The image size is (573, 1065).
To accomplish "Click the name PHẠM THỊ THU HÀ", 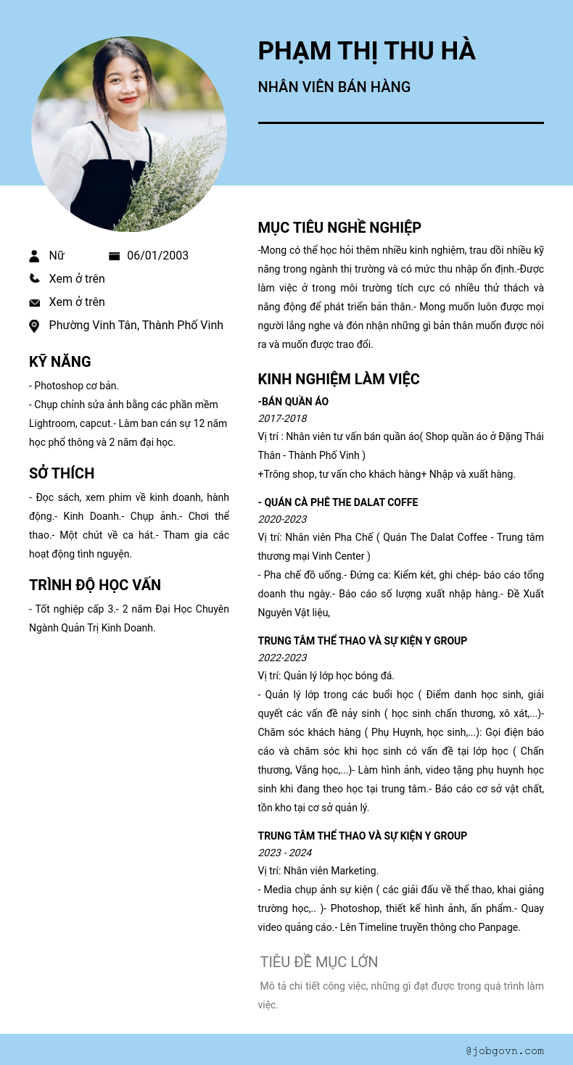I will click(x=366, y=51).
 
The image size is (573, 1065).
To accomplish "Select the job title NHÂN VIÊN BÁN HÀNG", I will click(x=334, y=87).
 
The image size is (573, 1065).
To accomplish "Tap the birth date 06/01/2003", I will click(x=157, y=255).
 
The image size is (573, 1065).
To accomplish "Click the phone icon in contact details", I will click(x=34, y=278).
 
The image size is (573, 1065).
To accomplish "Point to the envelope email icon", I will click(x=34, y=302).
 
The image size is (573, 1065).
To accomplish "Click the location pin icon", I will click(x=34, y=326).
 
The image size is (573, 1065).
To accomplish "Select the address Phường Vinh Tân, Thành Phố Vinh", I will click(x=136, y=326).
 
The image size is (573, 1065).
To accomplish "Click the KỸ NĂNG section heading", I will click(x=60, y=362).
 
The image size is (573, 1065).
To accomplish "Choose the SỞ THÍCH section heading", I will click(x=62, y=473).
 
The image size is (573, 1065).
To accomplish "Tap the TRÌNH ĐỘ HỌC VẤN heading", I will click(x=95, y=585).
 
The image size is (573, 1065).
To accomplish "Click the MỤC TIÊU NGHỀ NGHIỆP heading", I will click(x=339, y=228).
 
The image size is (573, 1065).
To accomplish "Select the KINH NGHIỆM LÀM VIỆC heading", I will click(x=339, y=379).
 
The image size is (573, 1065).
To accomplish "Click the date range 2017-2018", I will click(x=282, y=418).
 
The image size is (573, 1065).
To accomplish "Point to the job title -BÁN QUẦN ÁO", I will click(x=293, y=402).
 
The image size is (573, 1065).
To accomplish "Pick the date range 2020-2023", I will click(x=282, y=519).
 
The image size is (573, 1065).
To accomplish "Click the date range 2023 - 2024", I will click(x=285, y=853).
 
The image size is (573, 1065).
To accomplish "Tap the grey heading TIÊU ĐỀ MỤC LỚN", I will click(x=319, y=962).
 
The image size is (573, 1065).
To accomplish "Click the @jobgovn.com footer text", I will click(x=505, y=1051).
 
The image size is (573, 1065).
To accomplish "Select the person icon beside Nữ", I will click(x=34, y=256).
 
